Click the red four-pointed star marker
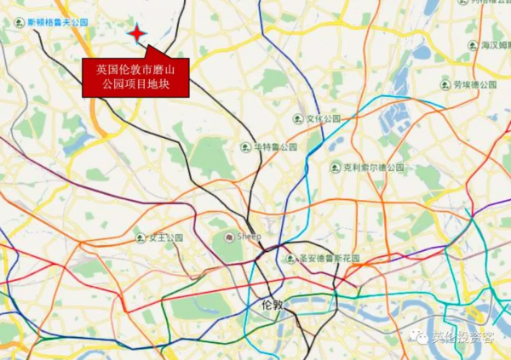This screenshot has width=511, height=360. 136,32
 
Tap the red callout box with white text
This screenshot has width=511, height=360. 135,77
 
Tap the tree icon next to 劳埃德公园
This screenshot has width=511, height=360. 445,85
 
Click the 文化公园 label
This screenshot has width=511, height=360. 324,119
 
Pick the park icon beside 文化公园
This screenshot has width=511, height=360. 297,119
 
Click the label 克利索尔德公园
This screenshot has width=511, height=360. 373,168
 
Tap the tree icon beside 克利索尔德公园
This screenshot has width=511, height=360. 336,168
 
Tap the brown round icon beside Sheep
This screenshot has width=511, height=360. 228,236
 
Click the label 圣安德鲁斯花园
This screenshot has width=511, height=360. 328,258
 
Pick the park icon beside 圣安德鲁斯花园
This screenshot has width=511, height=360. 290,258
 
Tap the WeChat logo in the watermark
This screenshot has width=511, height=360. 423,338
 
